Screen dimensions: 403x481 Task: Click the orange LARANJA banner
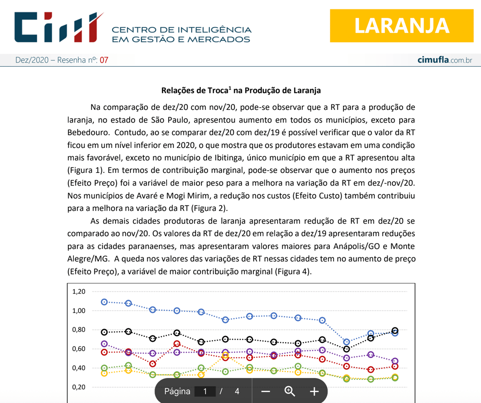(x=402, y=25)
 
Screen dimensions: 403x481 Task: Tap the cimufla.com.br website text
(x=444, y=60)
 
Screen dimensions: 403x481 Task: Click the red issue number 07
(x=104, y=60)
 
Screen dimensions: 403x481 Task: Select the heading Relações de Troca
(x=241, y=90)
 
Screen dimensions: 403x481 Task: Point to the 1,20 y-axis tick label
(x=79, y=291)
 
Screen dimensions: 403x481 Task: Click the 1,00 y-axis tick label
(x=79, y=310)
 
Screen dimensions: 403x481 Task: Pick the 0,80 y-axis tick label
(x=79, y=330)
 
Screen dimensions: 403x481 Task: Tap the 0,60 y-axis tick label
(x=79, y=349)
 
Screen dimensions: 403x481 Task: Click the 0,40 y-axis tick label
(x=79, y=368)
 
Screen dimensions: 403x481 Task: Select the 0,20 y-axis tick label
(x=79, y=387)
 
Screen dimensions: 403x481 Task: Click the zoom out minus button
(x=265, y=391)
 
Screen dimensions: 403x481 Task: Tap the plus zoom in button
(x=314, y=391)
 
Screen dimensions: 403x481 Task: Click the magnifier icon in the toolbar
(x=289, y=391)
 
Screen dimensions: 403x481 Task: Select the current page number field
(x=205, y=391)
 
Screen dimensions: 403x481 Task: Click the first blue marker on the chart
(x=104, y=302)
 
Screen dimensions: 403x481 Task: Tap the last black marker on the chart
(x=395, y=331)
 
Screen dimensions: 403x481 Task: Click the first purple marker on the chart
(x=104, y=344)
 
